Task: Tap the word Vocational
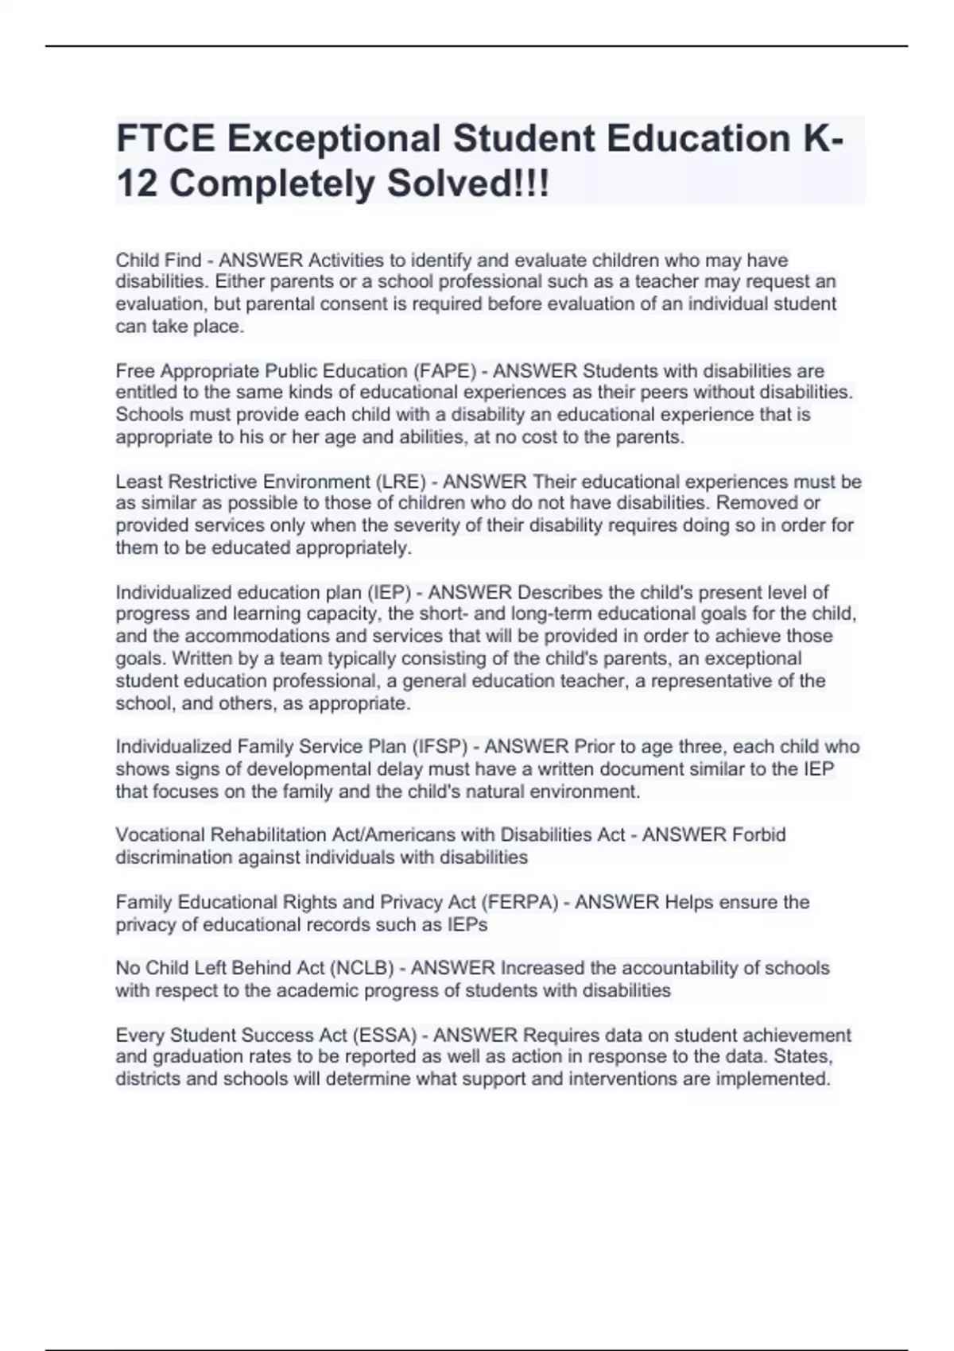pyautogui.click(x=162, y=834)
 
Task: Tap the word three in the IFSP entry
pyautogui.click(x=697, y=746)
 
